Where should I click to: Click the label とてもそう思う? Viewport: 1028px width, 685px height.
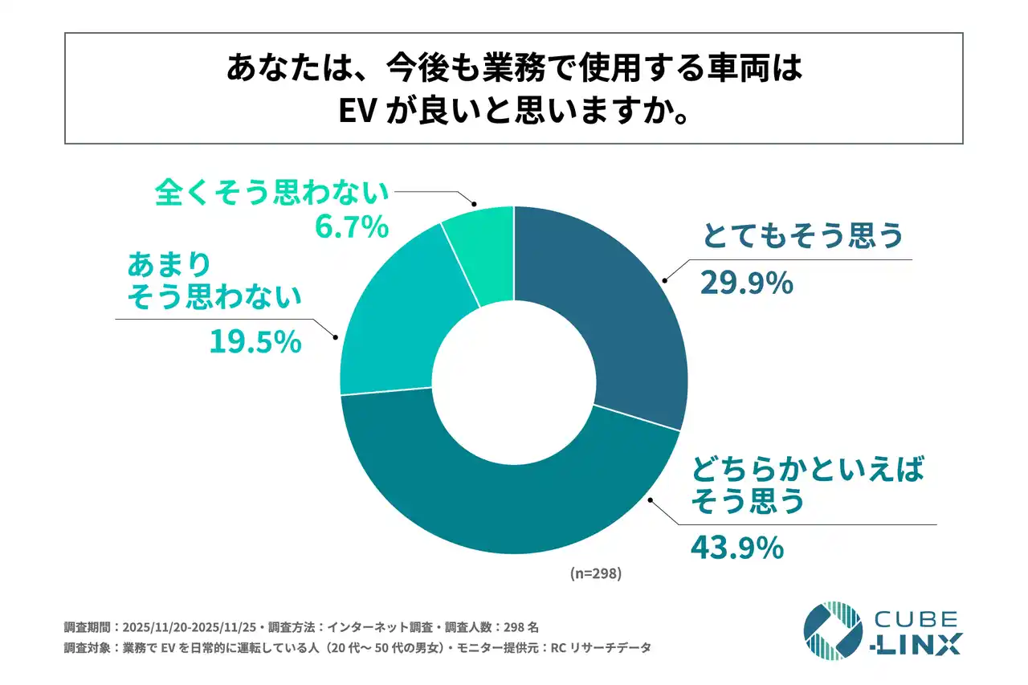[803, 236]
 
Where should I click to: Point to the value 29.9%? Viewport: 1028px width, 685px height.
[747, 283]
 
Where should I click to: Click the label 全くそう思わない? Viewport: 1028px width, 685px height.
[271, 192]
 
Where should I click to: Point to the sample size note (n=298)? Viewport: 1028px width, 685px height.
[596, 573]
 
